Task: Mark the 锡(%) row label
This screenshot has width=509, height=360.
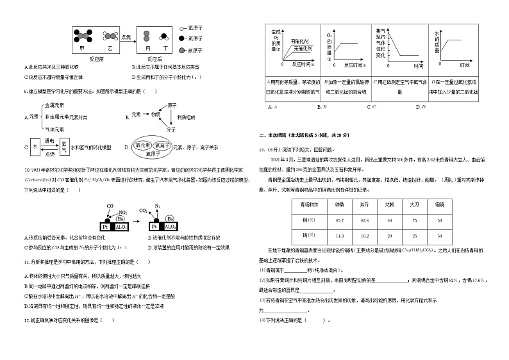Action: click(299, 236)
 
